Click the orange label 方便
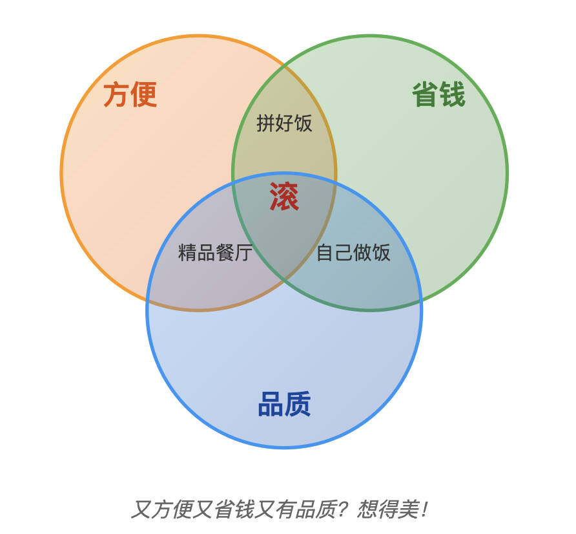click(x=130, y=94)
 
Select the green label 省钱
click(x=438, y=94)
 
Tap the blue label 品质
click(x=285, y=404)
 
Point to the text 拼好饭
click(x=284, y=123)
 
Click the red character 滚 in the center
click(x=284, y=197)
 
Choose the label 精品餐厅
click(x=215, y=252)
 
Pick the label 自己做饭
click(x=353, y=252)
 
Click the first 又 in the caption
click(x=141, y=509)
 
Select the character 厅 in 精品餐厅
click(x=243, y=252)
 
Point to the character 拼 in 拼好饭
click(x=265, y=123)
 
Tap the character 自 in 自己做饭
click(x=325, y=252)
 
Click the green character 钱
click(x=453, y=94)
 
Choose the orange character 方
click(x=116, y=94)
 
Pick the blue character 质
click(x=298, y=404)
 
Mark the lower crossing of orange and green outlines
click(x=284, y=281)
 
